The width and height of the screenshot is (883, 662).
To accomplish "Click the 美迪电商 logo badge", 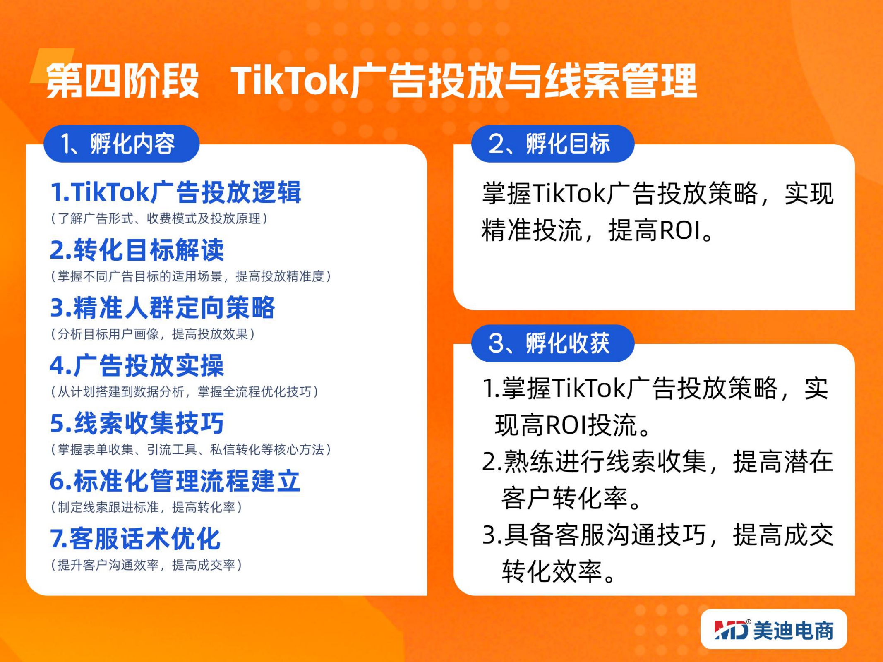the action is point(774,629).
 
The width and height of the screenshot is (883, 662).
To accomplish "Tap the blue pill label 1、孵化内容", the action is point(122,144).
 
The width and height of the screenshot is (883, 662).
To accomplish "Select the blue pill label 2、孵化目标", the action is point(553,144).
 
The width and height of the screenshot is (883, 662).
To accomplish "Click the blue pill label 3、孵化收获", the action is point(553,343).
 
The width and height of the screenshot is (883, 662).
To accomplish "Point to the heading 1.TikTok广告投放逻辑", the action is point(176,192).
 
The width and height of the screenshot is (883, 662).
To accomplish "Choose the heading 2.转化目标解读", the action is point(137,250).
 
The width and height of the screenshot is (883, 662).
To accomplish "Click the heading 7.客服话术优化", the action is point(135,539).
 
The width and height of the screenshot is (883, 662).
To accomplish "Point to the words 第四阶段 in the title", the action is point(123,81).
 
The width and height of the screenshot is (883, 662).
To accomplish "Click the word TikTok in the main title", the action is point(290,81).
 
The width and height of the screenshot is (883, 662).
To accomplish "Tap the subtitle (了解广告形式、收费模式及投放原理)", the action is point(159,218).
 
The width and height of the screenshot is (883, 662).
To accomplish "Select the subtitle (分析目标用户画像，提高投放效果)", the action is point(153,334).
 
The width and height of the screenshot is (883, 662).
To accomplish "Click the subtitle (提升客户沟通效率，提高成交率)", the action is point(146,565).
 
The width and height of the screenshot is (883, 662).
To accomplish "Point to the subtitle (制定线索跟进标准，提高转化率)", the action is point(146,507).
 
